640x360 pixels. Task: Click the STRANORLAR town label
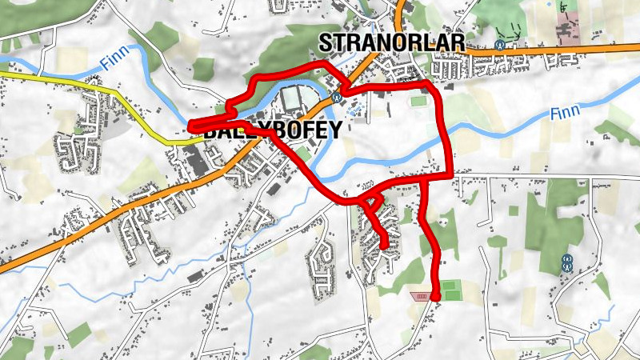tap(381, 42)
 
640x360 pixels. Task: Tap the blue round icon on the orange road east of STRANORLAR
tap(500, 45)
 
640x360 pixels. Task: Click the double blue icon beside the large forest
tap(567, 262)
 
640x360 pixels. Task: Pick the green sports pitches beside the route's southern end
tap(452, 290)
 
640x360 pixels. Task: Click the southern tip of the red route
tap(436, 298)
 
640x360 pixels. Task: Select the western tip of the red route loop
tap(191, 126)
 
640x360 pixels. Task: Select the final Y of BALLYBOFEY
tap(336, 130)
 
